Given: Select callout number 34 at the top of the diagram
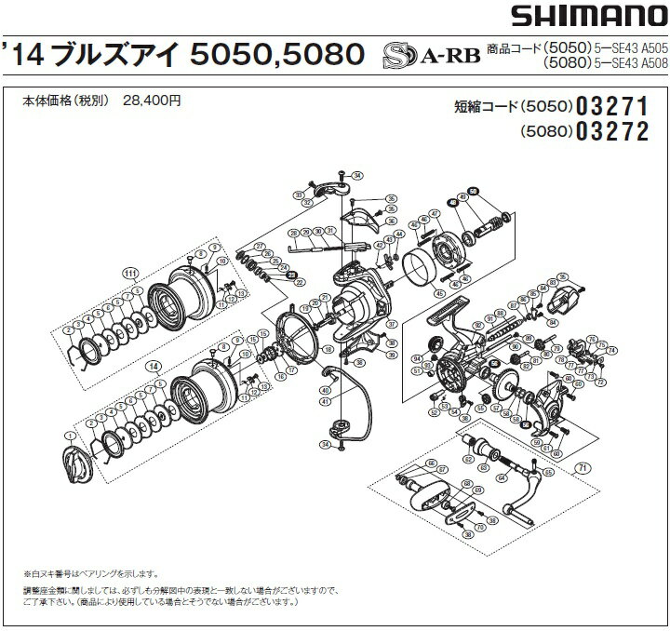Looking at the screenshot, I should tap(358, 175).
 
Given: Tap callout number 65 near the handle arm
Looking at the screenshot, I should tap(547, 472).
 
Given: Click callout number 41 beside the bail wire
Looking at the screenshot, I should tap(326, 401).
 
